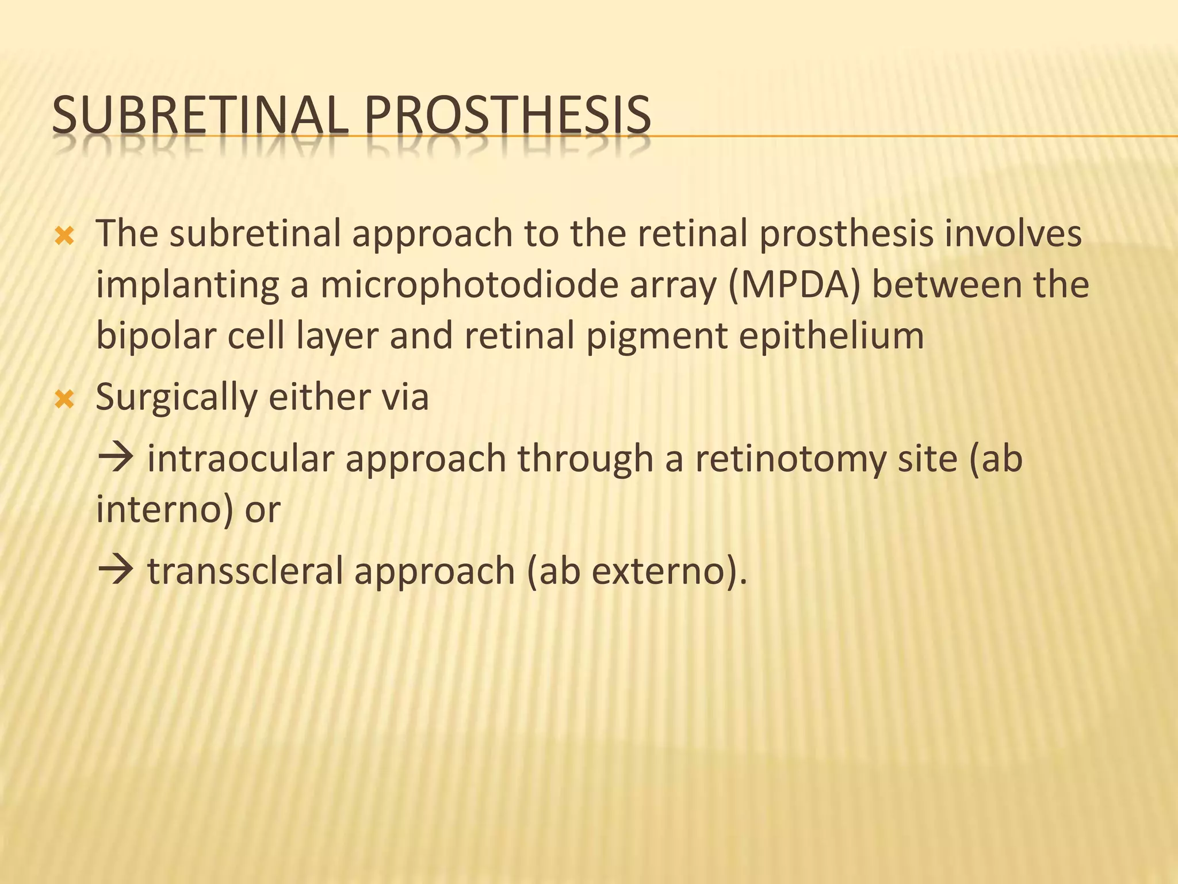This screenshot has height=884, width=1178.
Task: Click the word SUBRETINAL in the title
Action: (x=199, y=116)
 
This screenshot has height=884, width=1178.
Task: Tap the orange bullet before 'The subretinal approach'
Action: (x=64, y=236)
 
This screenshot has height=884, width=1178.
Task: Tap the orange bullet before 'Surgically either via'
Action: (x=64, y=399)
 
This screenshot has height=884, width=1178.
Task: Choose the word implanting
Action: (x=188, y=286)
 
